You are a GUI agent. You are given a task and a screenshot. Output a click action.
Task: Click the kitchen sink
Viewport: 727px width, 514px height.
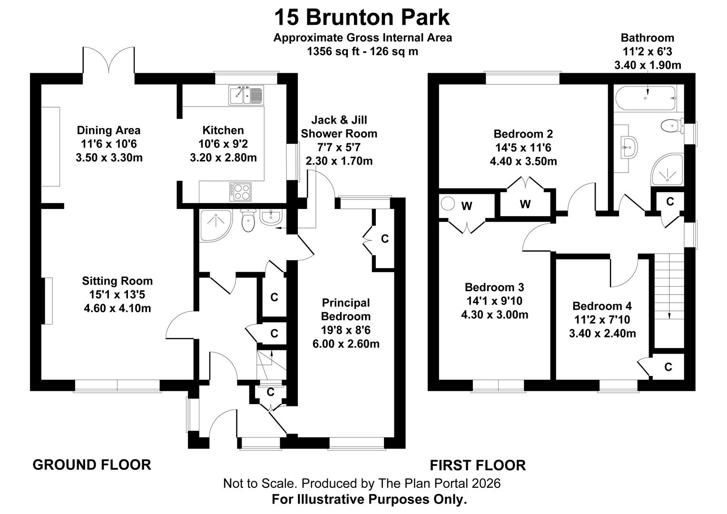(x=246, y=95)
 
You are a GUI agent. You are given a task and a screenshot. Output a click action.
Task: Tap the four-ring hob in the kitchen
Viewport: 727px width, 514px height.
(x=240, y=192)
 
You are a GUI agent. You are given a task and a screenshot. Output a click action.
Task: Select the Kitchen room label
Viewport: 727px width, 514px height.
(x=223, y=130)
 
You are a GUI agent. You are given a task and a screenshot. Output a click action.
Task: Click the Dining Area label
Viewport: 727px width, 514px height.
(x=109, y=130)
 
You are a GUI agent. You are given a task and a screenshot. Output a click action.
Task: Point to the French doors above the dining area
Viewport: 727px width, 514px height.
(x=108, y=60)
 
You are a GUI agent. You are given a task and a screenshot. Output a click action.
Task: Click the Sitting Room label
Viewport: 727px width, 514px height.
(x=117, y=281)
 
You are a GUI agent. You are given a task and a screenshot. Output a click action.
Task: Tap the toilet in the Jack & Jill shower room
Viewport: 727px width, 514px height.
(x=248, y=220)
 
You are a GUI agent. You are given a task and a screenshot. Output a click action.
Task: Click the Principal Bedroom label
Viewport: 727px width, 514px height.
(x=346, y=309)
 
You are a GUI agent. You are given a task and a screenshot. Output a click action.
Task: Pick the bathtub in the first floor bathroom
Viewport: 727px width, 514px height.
(x=645, y=98)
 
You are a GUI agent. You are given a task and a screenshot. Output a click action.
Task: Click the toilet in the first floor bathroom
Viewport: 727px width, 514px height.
(x=672, y=126)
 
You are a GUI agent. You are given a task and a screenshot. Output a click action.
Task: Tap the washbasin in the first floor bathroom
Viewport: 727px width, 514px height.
(x=629, y=148)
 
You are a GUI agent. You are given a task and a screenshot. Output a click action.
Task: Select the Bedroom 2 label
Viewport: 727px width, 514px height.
(x=523, y=134)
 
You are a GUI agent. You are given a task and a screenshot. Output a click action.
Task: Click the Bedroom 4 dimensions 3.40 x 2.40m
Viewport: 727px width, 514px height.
(x=602, y=334)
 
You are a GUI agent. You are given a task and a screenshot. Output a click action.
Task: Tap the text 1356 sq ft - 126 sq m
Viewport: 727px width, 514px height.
(x=363, y=51)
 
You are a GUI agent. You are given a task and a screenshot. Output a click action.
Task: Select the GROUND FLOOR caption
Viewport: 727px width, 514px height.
(x=92, y=465)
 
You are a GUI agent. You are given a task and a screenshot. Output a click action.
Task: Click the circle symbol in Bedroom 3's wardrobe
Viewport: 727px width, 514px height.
(x=448, y=204)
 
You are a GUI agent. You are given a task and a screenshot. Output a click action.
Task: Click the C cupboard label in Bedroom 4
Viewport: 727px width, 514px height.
(x=668, y=367)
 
